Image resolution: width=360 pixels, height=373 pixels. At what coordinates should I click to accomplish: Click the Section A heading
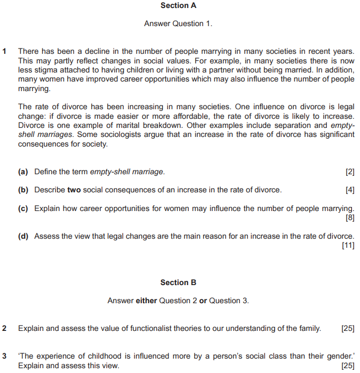point(178,5)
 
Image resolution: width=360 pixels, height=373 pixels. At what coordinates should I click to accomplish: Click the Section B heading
point(178,282)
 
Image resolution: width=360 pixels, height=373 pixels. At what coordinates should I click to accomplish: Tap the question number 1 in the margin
point(5,51)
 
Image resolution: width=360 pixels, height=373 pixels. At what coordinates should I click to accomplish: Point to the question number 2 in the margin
point(5,328)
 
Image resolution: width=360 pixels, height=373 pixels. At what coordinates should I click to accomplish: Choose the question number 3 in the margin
point(5,356)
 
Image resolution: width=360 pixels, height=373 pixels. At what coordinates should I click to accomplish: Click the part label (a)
point(23,172)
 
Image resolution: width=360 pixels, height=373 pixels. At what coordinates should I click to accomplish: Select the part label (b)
point(23,190)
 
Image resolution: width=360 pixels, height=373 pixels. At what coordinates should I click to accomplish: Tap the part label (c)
point(23,208)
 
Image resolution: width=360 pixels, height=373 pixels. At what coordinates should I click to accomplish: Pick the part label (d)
point(23,236)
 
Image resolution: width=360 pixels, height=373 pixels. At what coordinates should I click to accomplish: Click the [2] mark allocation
point(350,172)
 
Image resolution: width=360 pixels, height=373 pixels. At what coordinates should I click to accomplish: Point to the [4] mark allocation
point(350,190)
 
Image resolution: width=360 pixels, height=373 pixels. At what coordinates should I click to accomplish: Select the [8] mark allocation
point(350,217)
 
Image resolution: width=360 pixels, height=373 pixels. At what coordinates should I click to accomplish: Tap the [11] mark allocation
point(348,245)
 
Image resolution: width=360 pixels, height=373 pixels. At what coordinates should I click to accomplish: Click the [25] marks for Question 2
point(348,328)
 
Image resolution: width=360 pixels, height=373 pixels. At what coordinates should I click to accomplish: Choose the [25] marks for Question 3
point(348,366)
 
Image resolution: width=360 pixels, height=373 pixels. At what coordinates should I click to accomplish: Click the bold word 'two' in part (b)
point(74,190)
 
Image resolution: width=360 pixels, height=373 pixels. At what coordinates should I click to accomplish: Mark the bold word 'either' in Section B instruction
point(147,301)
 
